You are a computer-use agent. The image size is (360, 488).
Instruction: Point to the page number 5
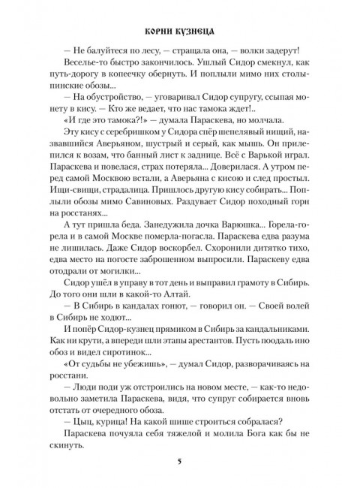pyautogui.click(x=180, y=460)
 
